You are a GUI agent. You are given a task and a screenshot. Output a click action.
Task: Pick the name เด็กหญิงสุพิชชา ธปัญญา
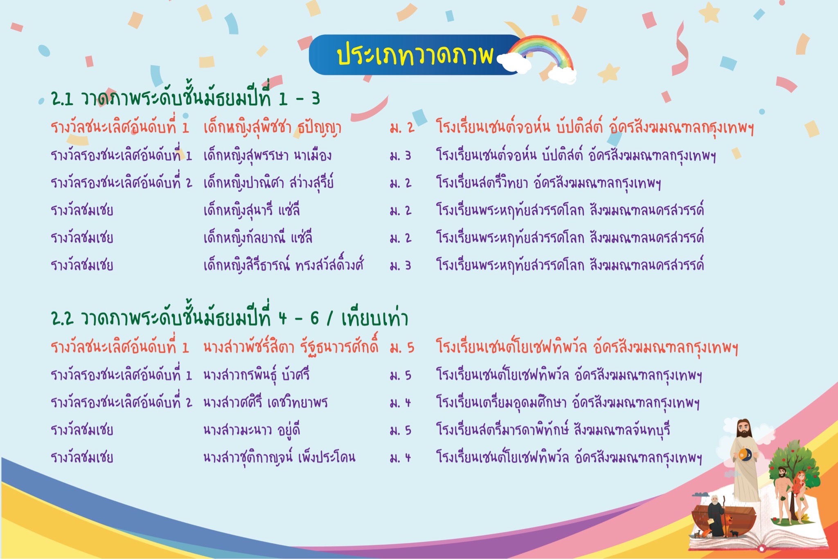[272, 127]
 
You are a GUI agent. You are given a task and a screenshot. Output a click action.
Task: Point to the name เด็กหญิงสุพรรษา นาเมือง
[267, 155]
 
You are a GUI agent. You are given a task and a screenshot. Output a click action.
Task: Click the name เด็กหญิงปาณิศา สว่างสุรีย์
[268, 183]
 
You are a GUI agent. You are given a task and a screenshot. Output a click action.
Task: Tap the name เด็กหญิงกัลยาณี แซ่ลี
[258, 237]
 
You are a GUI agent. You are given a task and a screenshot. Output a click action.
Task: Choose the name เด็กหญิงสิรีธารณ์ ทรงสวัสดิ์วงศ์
[284, 265]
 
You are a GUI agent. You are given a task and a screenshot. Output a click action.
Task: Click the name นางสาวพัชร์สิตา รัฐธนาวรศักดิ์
[291, 347]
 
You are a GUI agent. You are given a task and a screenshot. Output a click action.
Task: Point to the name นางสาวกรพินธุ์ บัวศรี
[257, 375]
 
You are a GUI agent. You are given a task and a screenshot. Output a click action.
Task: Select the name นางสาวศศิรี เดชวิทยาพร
[266, 402]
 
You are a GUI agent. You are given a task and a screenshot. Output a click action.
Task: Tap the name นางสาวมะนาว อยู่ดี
[252, 430]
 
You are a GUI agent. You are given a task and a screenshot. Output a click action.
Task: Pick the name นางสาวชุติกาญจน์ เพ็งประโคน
[279, 457]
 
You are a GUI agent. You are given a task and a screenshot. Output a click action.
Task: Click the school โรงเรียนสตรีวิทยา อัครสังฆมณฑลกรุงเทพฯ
[548, 183]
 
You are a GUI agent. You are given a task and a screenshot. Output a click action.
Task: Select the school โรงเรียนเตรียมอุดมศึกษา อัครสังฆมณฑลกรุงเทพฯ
[568, 402]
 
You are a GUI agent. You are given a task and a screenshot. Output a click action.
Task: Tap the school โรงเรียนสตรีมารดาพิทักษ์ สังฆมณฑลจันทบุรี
[553, 430]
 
